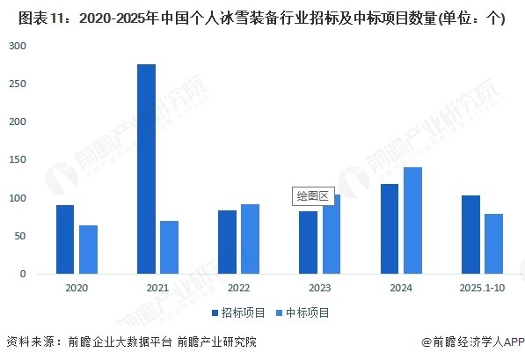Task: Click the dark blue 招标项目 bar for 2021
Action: coord(146,169)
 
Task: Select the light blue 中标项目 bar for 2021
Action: coord(169,247)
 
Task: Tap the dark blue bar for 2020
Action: coord(65,239)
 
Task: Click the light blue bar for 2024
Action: coord(412,221)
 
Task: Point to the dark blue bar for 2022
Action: coord(227,242)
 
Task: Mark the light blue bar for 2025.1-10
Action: coord(492,244)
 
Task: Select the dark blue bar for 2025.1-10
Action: coord(470,235)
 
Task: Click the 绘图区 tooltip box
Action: coord(312,196)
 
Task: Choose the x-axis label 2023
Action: coord(319,288)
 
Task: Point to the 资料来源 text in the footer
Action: coord(29,342)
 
